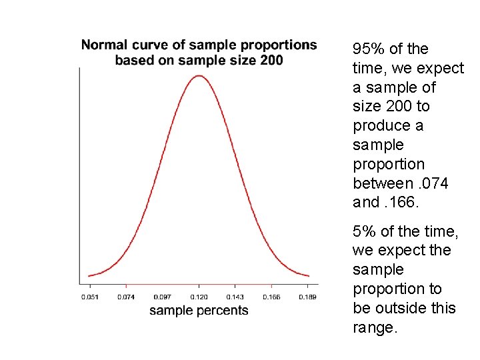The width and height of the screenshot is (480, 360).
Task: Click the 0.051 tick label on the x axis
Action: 89,297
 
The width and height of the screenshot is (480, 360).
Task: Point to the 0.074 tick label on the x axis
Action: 126,297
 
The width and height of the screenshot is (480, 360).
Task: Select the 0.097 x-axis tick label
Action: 163,297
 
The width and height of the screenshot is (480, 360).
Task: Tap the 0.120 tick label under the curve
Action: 199,297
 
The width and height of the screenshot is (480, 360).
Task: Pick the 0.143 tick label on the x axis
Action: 235,297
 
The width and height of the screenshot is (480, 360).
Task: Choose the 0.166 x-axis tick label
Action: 271,297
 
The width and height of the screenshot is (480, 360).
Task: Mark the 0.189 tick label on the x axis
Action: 307,297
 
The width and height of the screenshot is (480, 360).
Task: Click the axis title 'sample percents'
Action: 199,311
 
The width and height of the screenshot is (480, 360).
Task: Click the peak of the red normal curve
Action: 199,75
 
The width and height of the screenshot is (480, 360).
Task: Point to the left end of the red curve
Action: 89,275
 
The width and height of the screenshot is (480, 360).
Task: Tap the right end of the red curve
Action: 309,275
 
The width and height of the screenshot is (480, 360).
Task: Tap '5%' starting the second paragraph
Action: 364,231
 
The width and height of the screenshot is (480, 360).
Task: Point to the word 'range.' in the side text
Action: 375,327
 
